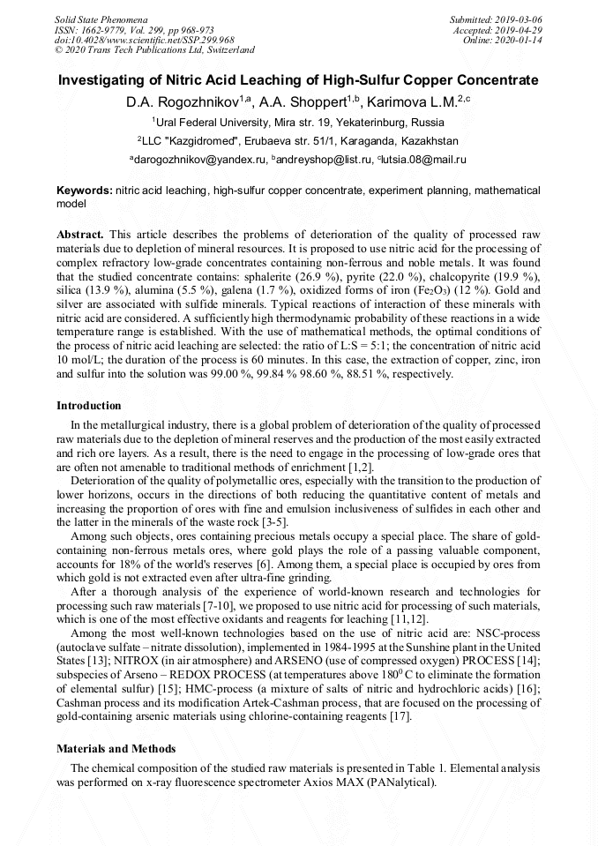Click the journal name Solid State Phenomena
click(x=101, y=19)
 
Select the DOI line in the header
click(x=144, y=40)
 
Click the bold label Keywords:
click(x=84, y=191)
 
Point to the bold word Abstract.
click(x=80, y=236)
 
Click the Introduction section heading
click(x=89, y=406)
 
